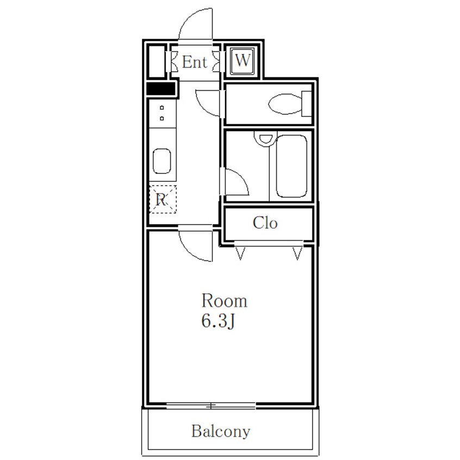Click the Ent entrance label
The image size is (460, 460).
click(x=195, y=62)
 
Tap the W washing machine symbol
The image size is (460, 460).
click(x=243, y=60)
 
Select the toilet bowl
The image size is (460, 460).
click(x=285, y=104)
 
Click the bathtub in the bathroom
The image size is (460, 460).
click(x=291, y=166)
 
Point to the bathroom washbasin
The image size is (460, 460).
click(x=266, y=139)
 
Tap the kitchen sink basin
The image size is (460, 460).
click(x=161, y=161)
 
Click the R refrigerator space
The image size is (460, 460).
click(x=163, y=199)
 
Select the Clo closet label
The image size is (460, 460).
click(x=265, y=223)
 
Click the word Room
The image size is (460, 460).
click(x=225, y=301)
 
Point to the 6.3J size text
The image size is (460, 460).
click(x=218, y=321)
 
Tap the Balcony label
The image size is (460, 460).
click(x=221, y=432)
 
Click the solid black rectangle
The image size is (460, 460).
click(x=160, y=89)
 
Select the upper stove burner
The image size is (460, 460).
click(x=161, y=108)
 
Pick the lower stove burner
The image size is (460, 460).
click(x=161, y=119)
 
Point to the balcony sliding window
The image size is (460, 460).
click(x=211, y=406)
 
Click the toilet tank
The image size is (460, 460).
click(x=307, y=104)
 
